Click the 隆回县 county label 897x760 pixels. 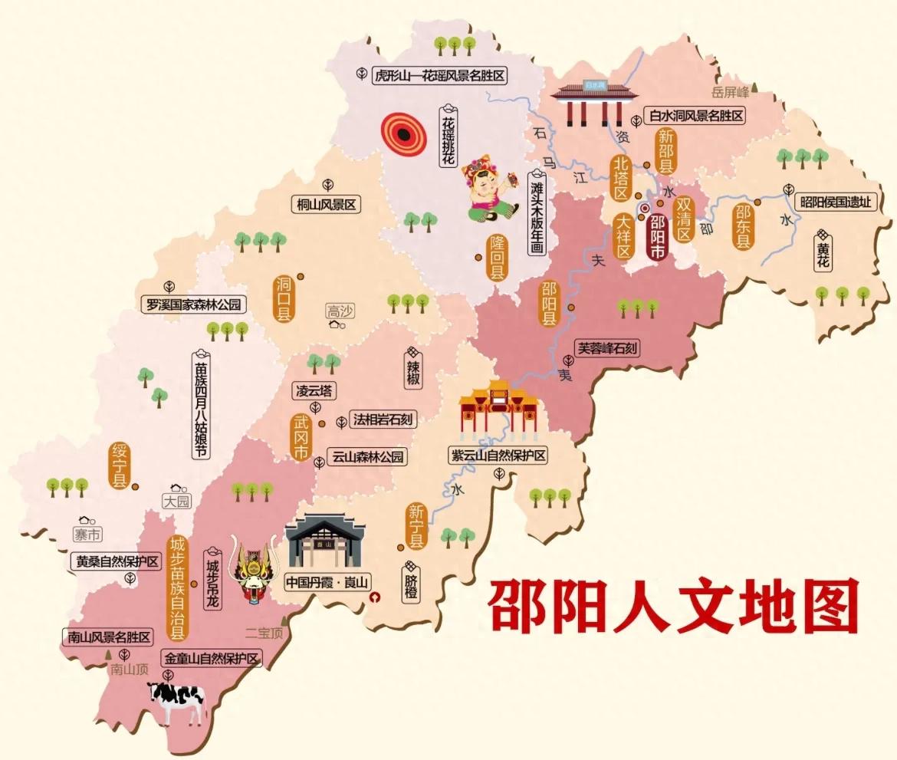point(498,257)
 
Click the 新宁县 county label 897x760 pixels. point(416,526)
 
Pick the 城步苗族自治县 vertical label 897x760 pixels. point(178,587)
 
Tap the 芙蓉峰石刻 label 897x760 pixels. point(608,348)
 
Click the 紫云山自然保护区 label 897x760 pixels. point(498,456)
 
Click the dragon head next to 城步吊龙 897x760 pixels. point(252,572)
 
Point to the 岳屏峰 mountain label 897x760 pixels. point(729,93)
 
